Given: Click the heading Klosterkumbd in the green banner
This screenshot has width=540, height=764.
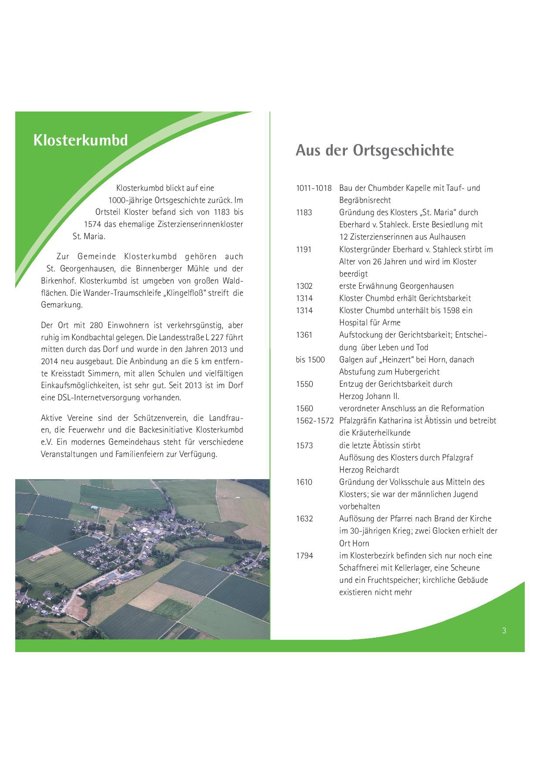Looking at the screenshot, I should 81,140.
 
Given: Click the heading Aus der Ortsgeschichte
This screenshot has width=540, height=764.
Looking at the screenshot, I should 375,150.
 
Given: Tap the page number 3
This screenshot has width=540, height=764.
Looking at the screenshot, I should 504,630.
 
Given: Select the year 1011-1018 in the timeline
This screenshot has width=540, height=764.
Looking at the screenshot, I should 314,188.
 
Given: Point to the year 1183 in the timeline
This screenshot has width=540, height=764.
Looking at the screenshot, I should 304,213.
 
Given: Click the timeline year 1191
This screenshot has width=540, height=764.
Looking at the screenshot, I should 304,250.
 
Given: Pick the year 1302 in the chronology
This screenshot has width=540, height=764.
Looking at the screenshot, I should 304,286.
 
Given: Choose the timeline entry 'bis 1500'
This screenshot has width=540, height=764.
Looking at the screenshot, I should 310,360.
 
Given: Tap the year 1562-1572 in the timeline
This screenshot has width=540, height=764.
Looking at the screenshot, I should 315,421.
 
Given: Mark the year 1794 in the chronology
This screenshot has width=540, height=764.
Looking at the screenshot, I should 304,556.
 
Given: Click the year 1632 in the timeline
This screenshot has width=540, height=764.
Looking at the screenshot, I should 304,519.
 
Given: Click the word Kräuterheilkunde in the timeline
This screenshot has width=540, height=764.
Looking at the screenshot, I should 375,433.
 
